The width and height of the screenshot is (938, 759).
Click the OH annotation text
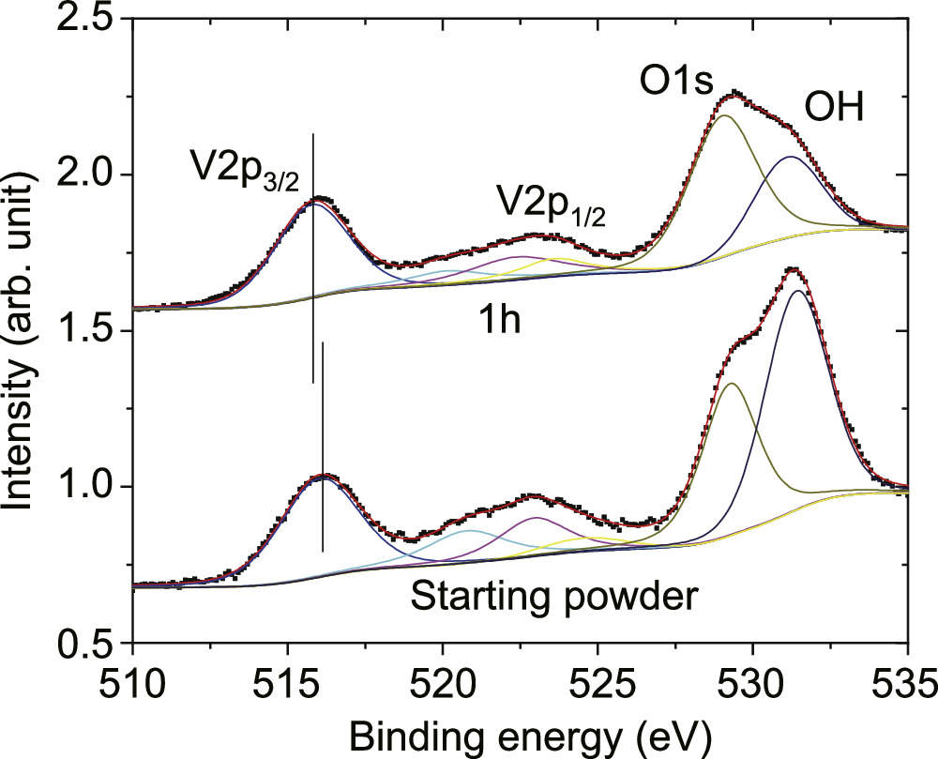tap(832, 111)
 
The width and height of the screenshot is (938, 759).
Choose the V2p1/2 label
tap(551, 205)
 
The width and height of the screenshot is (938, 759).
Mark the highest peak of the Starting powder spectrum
tap(794, 270)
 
